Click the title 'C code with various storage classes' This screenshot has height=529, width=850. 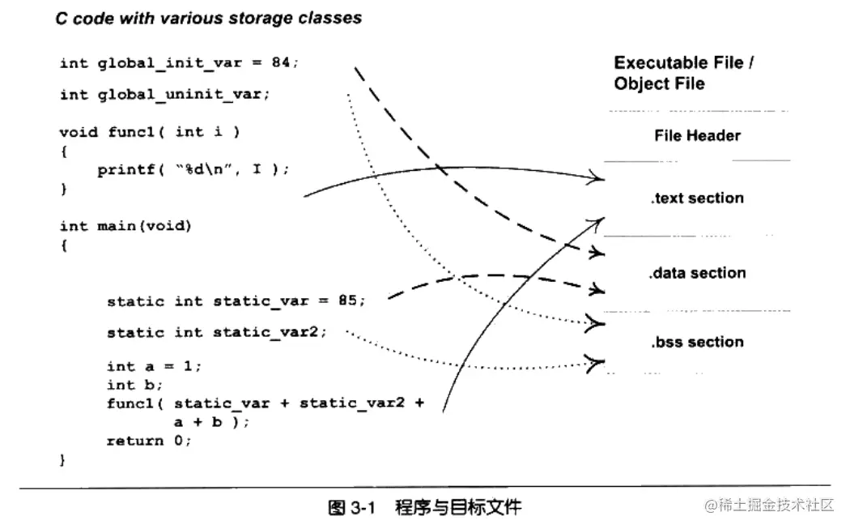tap(208, 19)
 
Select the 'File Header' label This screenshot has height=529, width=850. tap(697, 136)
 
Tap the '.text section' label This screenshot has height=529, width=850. tap(697, 198)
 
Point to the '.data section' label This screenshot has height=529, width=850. tap(697, 273)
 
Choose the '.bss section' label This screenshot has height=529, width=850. tap(697, 342)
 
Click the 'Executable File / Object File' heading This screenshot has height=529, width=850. tap(678, 73)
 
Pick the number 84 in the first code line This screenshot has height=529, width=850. tap(280, 63)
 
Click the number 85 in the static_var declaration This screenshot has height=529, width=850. tap(347, 301)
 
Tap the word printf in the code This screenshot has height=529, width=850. tap(123, 170)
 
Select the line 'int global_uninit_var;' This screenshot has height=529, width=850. tap(165, 95)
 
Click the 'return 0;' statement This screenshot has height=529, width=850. tap(149, 441)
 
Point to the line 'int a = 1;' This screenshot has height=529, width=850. tap(154, 366)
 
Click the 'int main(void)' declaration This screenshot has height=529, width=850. tap(125, 226)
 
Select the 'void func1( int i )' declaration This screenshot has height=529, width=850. tap(150, 131)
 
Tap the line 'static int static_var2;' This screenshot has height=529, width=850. tap(217, 333)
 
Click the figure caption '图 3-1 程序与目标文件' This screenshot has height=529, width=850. tap(424, 508)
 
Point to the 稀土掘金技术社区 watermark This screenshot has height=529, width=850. tap(768, 506)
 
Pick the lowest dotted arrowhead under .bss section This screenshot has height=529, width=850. tap(597, 363)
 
